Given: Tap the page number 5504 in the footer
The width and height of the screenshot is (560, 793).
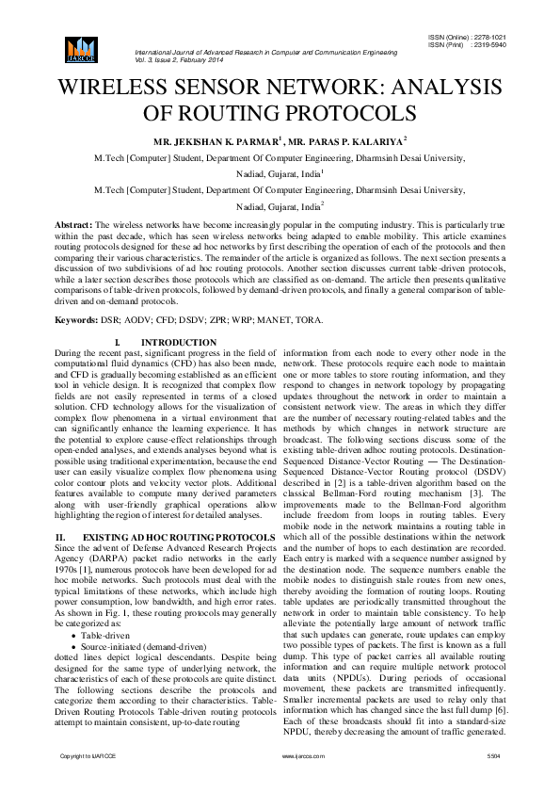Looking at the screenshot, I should (x=493, y=756).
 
